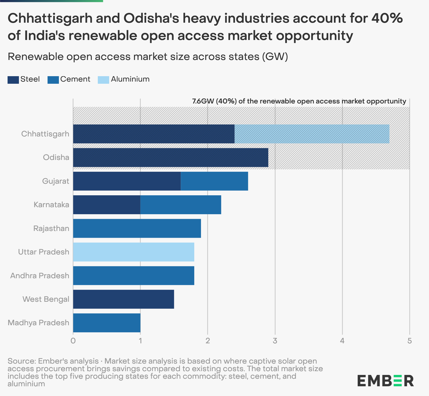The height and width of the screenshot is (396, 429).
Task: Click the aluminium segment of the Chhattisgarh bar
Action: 312,134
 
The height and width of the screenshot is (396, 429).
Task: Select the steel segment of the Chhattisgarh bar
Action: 154,134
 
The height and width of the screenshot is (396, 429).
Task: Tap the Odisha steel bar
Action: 170,157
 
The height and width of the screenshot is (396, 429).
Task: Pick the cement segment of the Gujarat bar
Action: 214,181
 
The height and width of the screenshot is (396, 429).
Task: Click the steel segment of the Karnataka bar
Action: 106,205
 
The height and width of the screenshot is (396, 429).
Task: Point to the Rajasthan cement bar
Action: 137,229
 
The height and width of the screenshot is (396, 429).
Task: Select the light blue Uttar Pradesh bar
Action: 133,252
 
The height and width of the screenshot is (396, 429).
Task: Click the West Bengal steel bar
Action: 123,299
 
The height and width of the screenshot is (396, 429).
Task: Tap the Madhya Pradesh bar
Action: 106,323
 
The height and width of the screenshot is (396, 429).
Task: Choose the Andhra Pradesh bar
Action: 133,276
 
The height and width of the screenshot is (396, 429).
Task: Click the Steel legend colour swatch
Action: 13,80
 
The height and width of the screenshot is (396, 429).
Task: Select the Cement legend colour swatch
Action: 53,80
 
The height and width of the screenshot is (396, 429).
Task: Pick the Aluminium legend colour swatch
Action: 103,80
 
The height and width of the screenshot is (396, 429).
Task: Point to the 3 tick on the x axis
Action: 275,341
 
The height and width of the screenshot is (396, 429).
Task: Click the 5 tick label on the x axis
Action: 410,341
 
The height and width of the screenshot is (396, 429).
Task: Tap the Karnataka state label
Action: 51,205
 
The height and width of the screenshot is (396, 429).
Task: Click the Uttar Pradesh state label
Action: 43,252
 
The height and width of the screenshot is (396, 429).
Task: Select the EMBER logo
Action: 385,381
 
